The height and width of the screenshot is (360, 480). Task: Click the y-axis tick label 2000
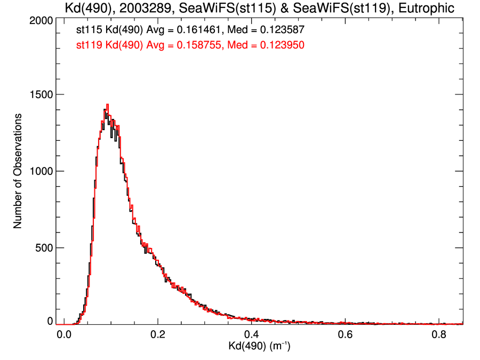[40, 21]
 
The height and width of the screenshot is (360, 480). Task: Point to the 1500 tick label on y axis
[40, 95]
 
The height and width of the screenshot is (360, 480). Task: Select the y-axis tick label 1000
[40, 171]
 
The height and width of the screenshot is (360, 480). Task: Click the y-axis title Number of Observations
[18, 171]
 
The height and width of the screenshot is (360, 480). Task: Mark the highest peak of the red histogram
[108, 105]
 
